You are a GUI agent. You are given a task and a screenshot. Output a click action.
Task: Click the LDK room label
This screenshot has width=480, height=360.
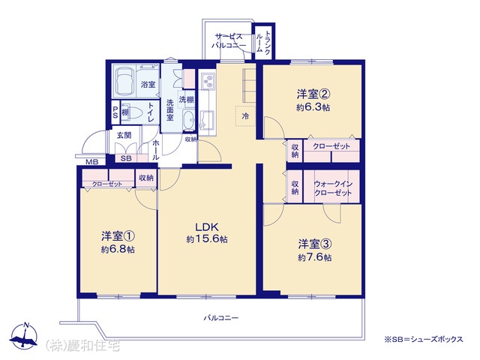(207, 227)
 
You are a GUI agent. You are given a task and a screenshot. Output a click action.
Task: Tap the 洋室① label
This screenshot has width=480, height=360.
(118, 236)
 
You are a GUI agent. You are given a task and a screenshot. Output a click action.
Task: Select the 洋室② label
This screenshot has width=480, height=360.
(313, 94)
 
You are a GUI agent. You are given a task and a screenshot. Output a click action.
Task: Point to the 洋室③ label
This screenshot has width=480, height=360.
(315, 244)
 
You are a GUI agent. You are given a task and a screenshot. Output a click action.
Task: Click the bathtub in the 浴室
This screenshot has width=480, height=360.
(124, 81)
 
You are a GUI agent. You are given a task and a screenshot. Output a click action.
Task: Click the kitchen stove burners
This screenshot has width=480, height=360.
(207, 80)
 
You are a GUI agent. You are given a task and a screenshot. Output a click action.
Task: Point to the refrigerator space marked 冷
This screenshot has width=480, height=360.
(245, 116)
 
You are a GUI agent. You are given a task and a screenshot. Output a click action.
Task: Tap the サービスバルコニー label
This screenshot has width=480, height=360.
(229, 41)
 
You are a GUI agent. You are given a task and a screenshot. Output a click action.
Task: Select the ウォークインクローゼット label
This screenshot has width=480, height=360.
(333, 188)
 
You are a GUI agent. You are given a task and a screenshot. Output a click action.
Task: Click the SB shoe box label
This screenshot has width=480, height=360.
(126, 158)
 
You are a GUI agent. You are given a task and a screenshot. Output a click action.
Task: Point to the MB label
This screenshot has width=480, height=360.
(91, 162)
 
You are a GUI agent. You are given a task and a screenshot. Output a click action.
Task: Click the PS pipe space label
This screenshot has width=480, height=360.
(115, 112)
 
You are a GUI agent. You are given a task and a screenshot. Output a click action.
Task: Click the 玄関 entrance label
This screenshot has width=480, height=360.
(124, 135)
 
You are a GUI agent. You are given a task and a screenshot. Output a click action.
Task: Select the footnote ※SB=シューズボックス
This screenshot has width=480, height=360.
(423, 339)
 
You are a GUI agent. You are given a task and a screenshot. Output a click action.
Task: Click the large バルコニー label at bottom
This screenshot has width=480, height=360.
(221, 318)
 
